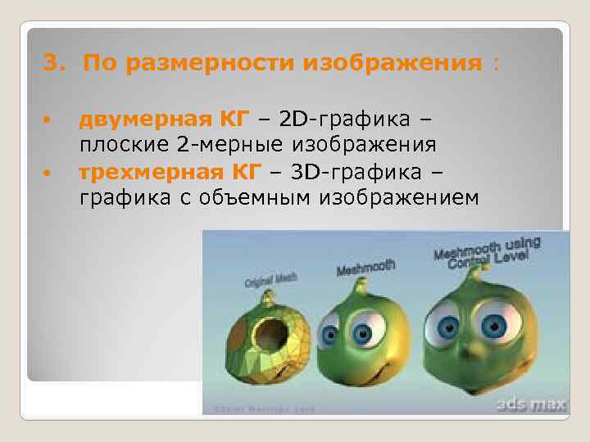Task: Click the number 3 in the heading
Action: (x=48, y=63)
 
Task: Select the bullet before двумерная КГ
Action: (x=48, y=121)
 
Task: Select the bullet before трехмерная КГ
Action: (x=48, y=174)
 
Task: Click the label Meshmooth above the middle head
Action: (x=365, y=268)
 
